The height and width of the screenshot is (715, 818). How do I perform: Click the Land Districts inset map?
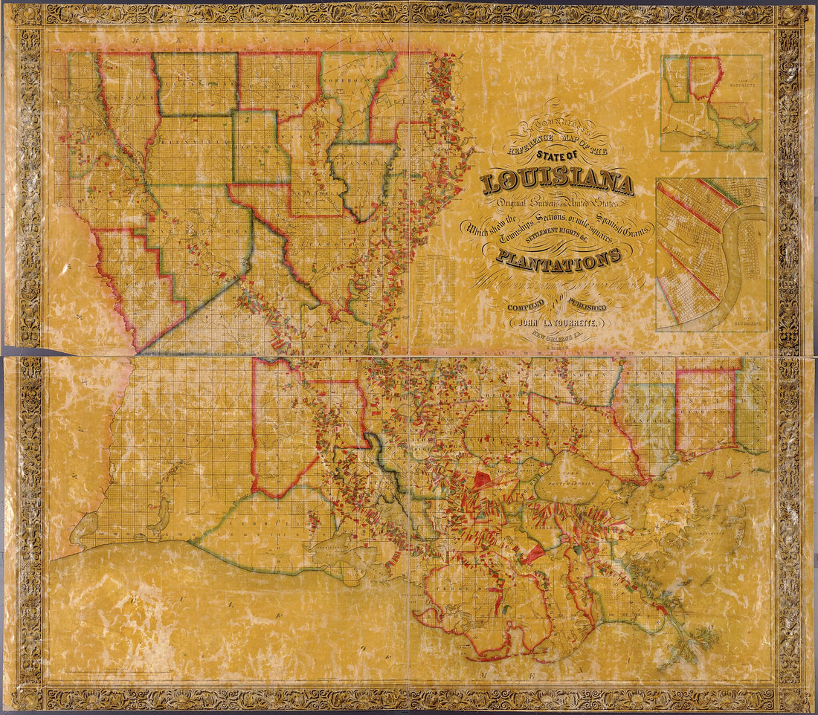click(712, 103)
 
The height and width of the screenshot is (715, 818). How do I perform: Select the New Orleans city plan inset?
click(711, 254)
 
